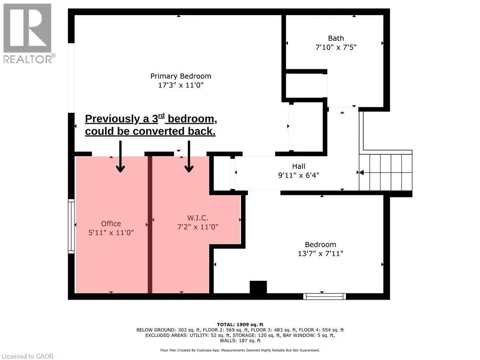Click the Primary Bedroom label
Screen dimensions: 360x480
coord(180,76)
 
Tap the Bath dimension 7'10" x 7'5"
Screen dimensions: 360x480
coord(336,47)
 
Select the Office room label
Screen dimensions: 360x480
coord(111,224)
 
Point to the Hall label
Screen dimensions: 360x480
coord(298,166)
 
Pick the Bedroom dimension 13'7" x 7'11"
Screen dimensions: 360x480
coord(320,254)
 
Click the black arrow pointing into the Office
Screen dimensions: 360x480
coord(120,157)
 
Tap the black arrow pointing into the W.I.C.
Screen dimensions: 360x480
coord(189,157)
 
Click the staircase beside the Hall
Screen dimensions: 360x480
coord(385,172)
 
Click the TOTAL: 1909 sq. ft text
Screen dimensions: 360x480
coord(240,324)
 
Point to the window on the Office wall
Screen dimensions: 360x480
coord(71,226)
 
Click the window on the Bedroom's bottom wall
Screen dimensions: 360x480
coord(324,296)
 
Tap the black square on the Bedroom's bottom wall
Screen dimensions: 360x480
coord(258,287)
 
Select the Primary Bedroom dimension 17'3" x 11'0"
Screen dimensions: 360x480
coord(180,85)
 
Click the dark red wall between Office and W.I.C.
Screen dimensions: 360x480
coord(150,224)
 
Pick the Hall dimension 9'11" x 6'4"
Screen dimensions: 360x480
coord(298,175)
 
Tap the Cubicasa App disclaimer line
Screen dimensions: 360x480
coord(240,350)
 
